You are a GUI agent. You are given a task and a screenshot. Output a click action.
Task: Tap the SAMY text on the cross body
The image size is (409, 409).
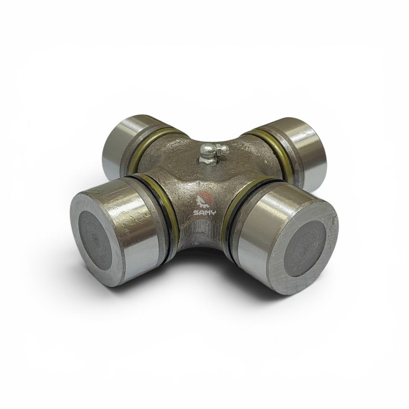[204, 213]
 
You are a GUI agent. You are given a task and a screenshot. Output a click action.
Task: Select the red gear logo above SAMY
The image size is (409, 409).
[205, 200]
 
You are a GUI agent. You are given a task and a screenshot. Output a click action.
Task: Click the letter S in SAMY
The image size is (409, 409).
[195, 213]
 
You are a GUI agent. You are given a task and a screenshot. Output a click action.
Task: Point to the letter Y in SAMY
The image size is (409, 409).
[214, 213]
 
